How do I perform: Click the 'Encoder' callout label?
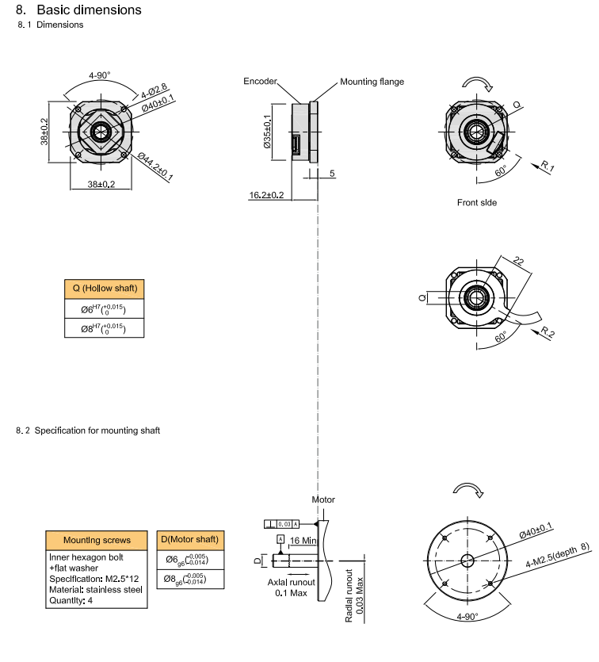[x=260, y=82]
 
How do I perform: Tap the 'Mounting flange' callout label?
[x=372, y=82]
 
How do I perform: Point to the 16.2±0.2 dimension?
[x=266, y=194]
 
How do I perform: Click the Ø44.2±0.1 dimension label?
[x=155, y=166]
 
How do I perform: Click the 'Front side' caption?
[x=477, y=202]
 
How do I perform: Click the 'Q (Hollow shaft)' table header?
[x=105, y=289]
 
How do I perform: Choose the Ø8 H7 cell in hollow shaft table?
[x=104, y=327]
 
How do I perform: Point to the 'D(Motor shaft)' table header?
[x=189, y=540]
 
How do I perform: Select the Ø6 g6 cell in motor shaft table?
[x=189, y=560]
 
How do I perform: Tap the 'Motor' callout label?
[x=323, y=499]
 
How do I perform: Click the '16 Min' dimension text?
[x=304, y=540]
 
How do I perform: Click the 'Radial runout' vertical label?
[x=349, y=594]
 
